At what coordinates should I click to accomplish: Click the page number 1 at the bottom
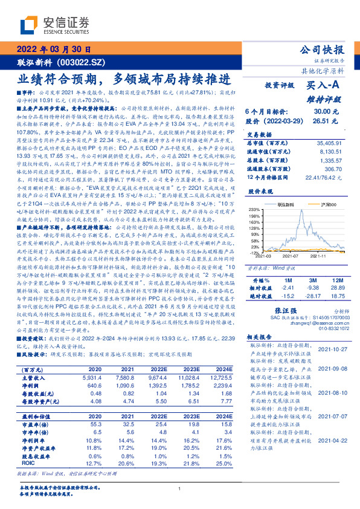[180, 489]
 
